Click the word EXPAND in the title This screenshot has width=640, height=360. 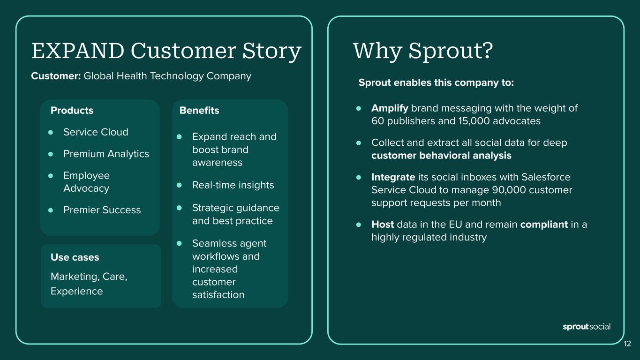(x=78, y=51)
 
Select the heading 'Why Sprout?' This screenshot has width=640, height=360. (x=423, y=52)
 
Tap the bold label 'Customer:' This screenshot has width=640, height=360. (x=56, y=76)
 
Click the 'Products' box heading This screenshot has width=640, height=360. (x=72, y=110)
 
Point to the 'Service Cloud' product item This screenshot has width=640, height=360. (x=96, y=132)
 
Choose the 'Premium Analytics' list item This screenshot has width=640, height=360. (x=106, y=154)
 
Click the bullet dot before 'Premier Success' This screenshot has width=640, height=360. (x=51, y=210)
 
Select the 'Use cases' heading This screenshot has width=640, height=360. (x=75, y=257)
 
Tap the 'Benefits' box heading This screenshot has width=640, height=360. (x=199, y=110)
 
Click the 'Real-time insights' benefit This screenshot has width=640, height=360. (x=233, y=185)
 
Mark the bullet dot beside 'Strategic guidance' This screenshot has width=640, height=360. (x=179, y=208)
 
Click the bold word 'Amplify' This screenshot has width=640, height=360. (x=390, y=108)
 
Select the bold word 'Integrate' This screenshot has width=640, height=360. (x=393, y=178)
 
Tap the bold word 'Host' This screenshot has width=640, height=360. (x=383, y=224)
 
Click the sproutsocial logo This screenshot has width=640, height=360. (x=586, y=327)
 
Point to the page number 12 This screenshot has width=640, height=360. (x=627, y=344)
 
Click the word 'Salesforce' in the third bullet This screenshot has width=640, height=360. (x=546, y=177)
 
